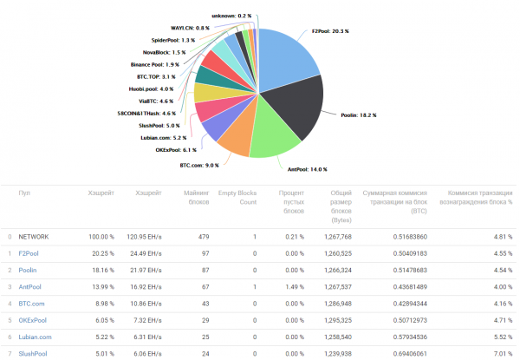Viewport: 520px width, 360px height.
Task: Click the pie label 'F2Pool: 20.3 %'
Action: tap(330, 31)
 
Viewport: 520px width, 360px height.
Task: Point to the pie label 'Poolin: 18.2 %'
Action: tap(357, 115)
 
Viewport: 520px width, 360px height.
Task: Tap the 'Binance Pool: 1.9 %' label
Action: tap(155, 64)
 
